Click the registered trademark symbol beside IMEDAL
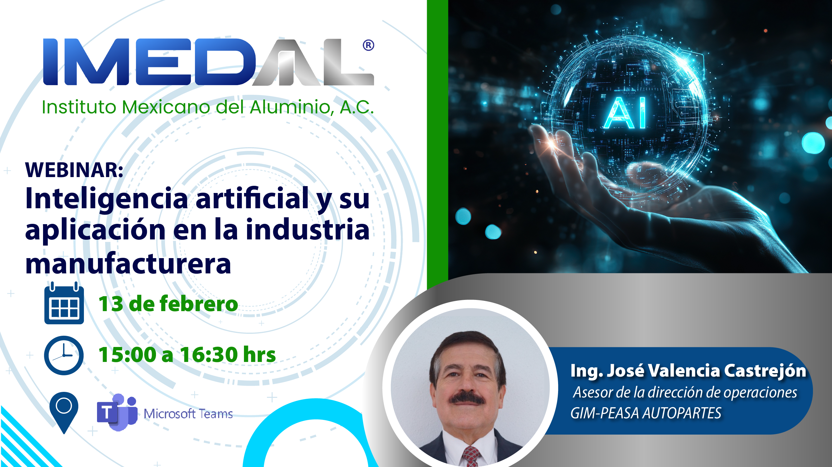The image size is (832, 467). (368, 45)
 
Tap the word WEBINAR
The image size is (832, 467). (74, 170)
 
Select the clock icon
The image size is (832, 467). (64, 355)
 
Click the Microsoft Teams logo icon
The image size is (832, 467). (117, 412)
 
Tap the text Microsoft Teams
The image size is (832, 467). (188, 414)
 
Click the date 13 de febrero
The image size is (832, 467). (168, 304)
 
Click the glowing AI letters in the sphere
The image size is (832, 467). (625, 113)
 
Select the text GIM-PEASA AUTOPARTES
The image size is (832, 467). (645, 413)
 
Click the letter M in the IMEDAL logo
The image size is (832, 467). (97, 62)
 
